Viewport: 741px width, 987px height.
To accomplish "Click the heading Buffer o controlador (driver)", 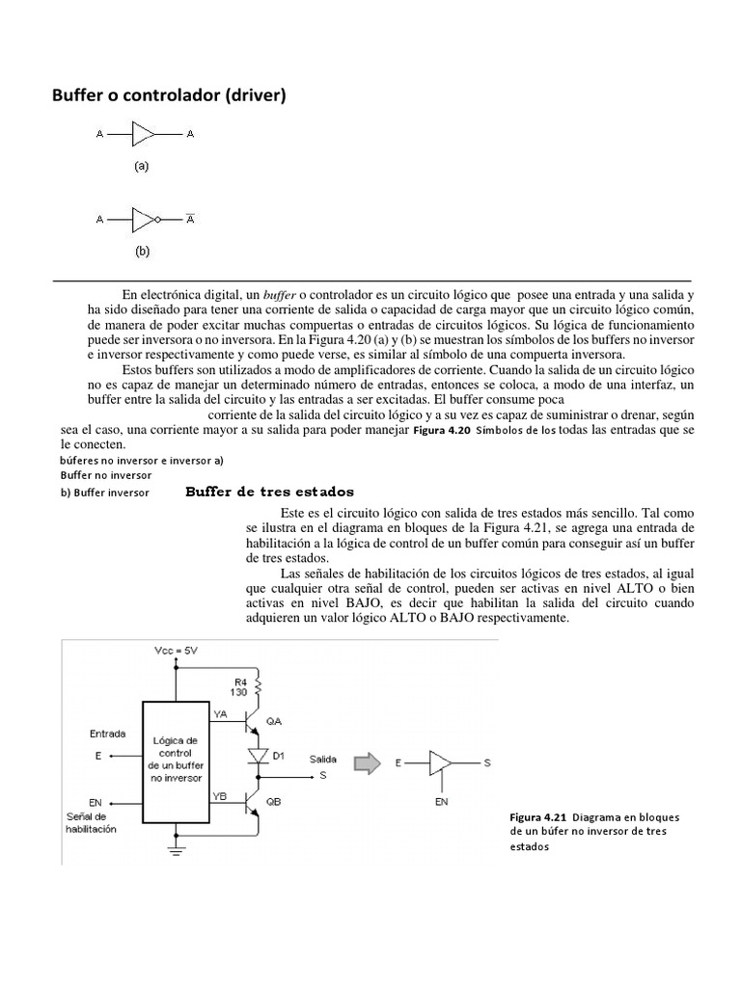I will click(169, 95).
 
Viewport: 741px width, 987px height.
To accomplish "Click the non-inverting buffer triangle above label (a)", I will click(143, 134).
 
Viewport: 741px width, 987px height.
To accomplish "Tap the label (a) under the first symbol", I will click(142, 166).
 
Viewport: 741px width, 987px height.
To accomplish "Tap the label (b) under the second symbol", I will click(142, 253).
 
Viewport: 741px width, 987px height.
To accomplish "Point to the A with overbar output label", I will click(190, 219).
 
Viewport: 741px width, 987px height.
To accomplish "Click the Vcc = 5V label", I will click(177, 652).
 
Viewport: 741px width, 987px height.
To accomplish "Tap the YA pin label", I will click(220, 714).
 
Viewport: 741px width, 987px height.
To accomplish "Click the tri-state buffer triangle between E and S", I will click(439, 763).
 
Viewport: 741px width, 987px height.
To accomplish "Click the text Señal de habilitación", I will click(90, 822).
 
